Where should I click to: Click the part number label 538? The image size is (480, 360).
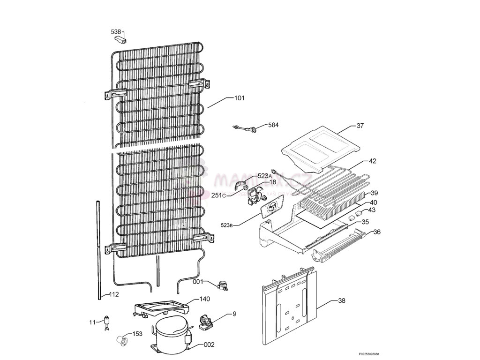[x=116, y=32]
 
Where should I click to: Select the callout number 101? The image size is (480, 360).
[x=239, y=98]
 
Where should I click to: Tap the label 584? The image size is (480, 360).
[x=273, y=125]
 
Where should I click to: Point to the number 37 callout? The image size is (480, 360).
[x=360, y=126]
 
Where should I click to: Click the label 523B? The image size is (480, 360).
[x=227, y=225]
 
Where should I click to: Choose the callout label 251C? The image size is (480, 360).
[x=218, y=195]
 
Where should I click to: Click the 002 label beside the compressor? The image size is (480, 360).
[x=209, y=345]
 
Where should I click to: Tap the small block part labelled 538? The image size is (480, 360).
[x=123, y=38]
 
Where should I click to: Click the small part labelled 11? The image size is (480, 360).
[x=107, y=322]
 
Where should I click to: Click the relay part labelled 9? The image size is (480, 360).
[x=206, y=322]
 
